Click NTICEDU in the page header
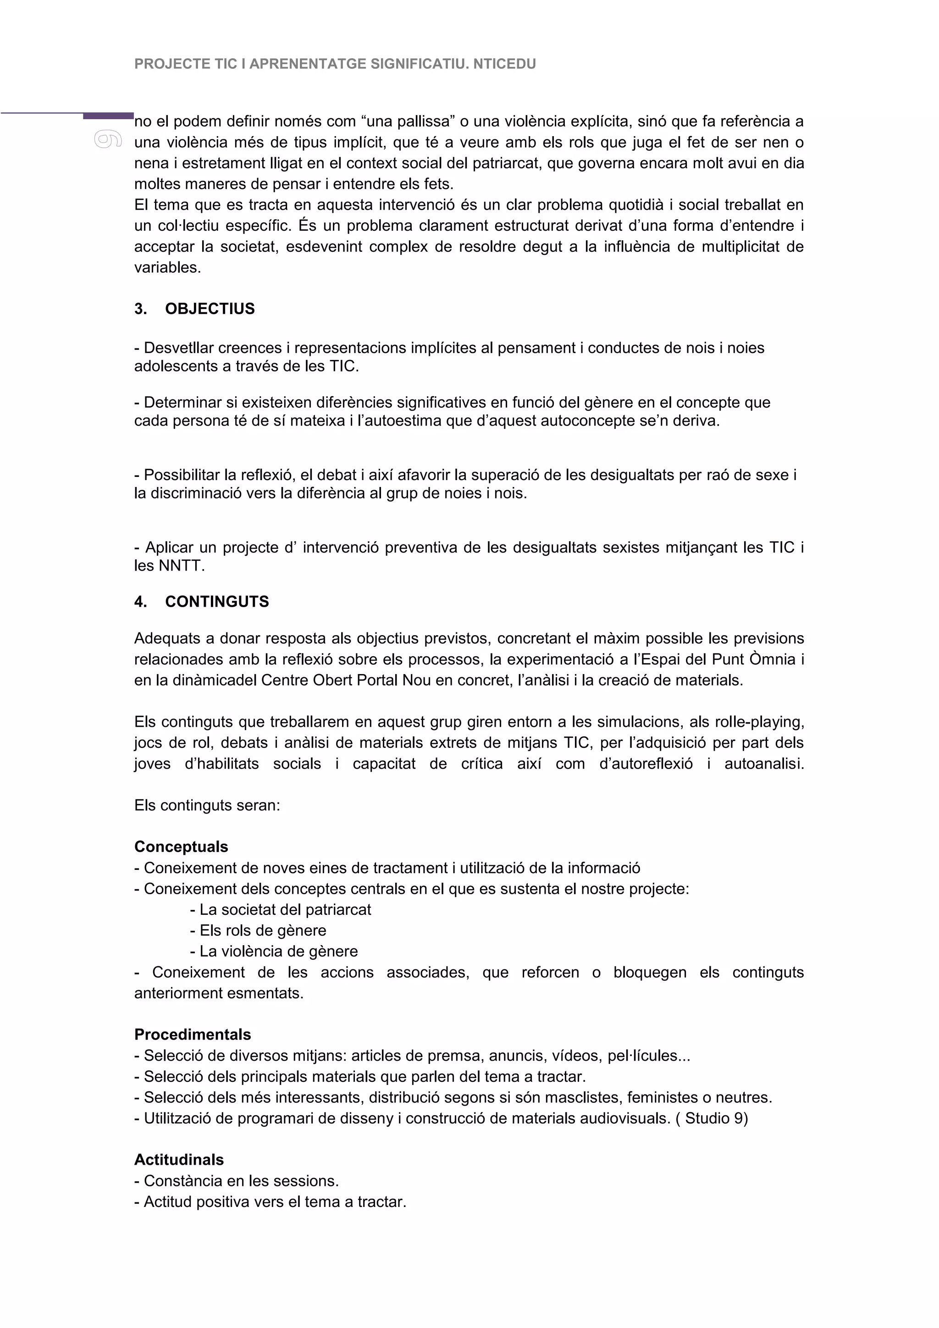tap(504, 64)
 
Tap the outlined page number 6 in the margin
tap(108, 139)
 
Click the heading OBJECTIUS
tap(210, 309)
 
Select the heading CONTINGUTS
tap(217, 602)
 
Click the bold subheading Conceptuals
tap(181, 847)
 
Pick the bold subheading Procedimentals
tap(193, 1034)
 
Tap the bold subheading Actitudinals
tap(179, 1160)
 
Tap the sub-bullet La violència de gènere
tap(278, 952)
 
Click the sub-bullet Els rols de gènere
tap(263, 930)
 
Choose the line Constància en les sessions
tap(241, 1180)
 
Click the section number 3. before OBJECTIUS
tap(140, 309)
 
